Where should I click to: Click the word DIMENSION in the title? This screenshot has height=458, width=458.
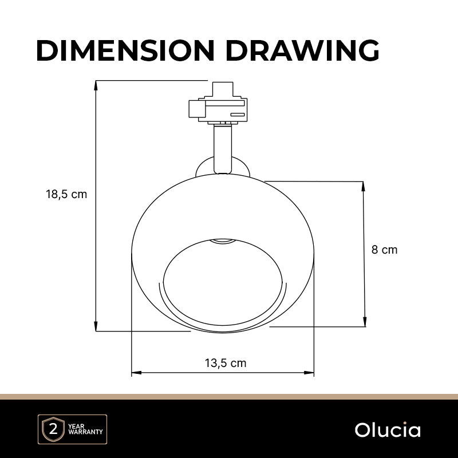pos(125,50)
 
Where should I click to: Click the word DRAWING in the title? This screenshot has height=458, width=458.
pos(302,50)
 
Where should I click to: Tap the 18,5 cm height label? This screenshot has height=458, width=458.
pos(66,194)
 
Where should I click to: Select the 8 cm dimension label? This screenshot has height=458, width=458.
pos(384,250)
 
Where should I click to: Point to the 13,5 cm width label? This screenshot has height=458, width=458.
pos(226,363)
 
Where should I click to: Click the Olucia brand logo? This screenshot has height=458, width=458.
pos(388,430)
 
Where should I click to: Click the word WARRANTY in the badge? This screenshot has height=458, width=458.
pos(85,432)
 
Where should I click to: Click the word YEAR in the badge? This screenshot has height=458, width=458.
pos(76,426)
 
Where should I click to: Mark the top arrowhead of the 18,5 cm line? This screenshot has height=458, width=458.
pos(96,84)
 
